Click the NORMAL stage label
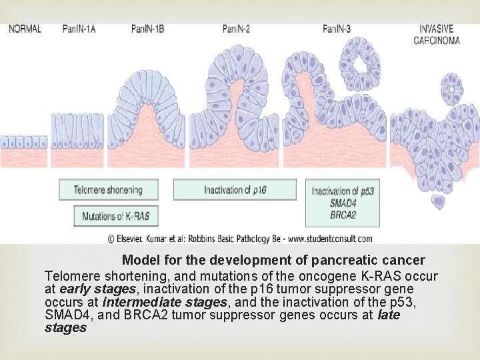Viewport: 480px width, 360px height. (x=25, y=29)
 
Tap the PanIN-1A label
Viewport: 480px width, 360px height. (x=79, y=29)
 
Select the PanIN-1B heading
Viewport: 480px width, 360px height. (x=147, y=29)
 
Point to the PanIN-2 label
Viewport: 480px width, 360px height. (x=237, y=29)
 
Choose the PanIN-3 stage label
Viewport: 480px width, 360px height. (x=337, y=29)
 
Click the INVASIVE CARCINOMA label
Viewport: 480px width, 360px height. (x=437, y=34)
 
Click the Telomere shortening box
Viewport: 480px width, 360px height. (x=109, y=189)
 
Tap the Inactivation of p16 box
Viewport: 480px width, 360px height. (x=235, y=190)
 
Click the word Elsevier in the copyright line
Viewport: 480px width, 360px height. (x=137, y=238)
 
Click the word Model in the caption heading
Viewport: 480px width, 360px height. (x=138, y=259)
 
